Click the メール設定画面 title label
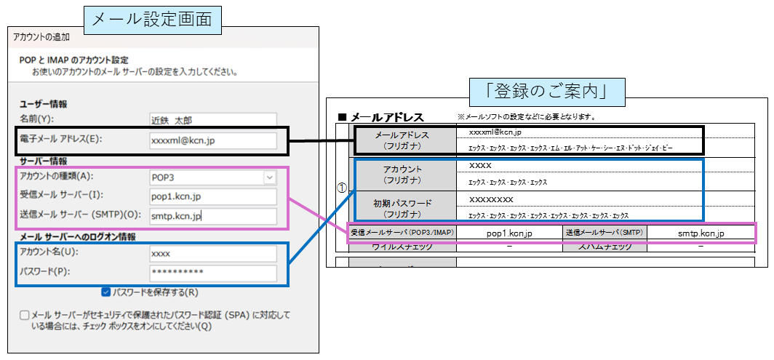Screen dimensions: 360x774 (x=152, y=19)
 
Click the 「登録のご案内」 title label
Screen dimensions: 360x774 (x=548, y=92)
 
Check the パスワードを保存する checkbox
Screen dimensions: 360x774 (x=106, y=292)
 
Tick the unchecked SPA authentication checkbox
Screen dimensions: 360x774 (x=25, y=316)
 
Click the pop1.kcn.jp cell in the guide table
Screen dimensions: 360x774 (x=509, y=233)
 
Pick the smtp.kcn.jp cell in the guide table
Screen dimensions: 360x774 (x=701, y=233)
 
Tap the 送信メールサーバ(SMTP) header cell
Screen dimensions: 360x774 (x=604, y=233)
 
